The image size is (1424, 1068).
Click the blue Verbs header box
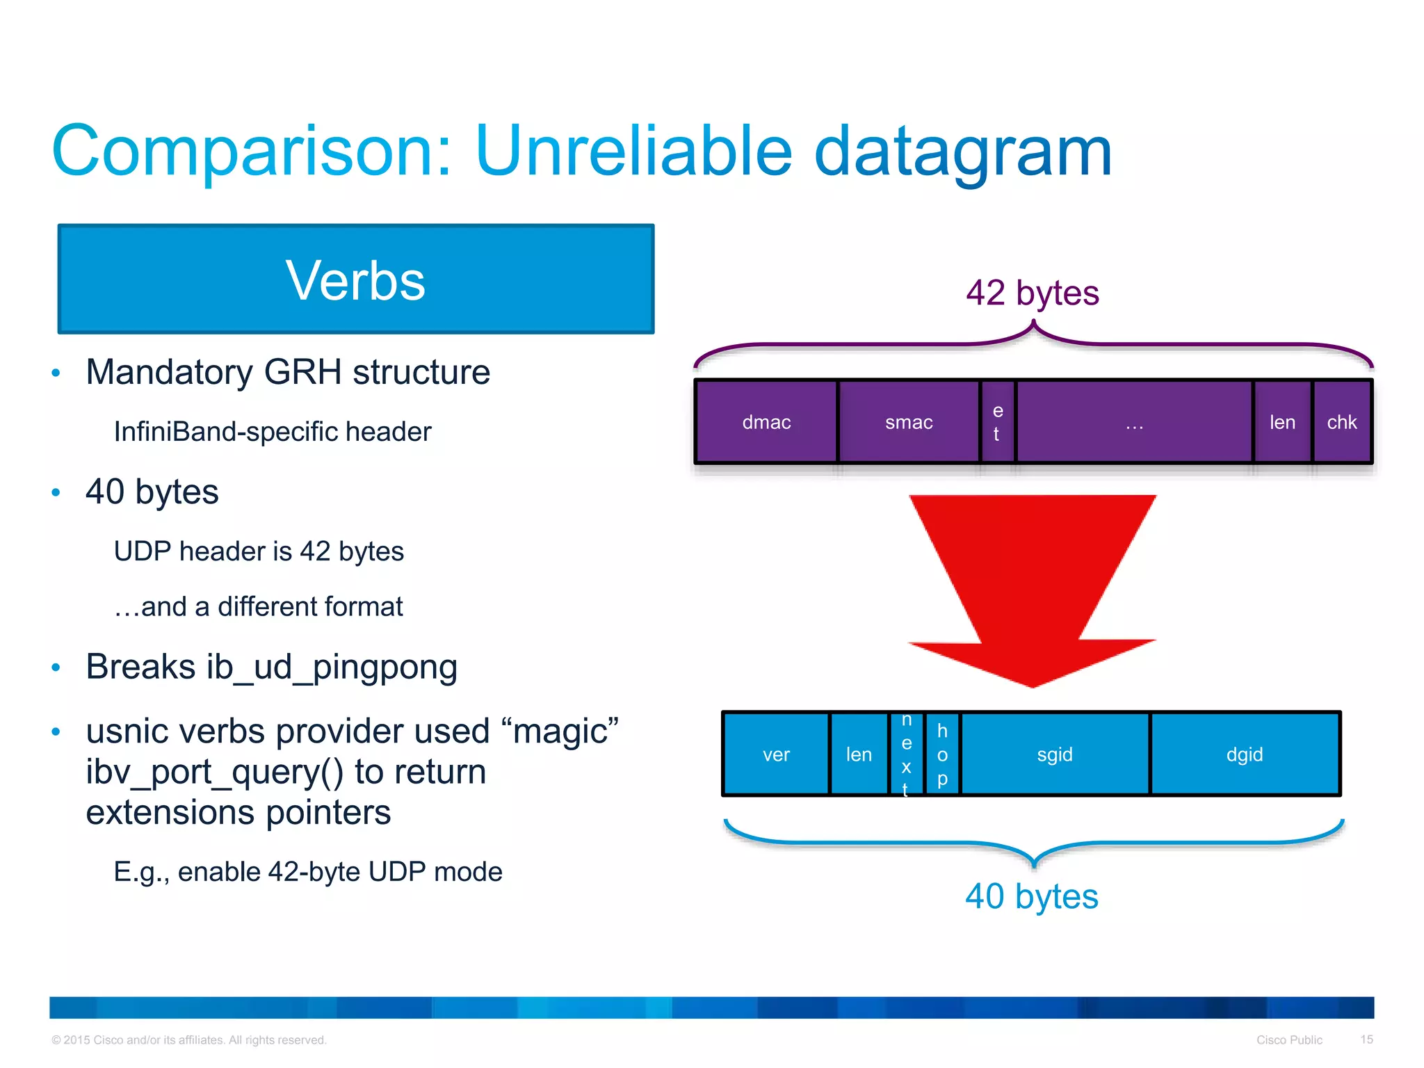click(x=355, y=279)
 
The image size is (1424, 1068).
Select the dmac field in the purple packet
click(x=766, y=422)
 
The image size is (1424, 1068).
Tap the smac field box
click(x=909, y=422)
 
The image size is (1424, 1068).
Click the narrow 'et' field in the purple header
click(x=998, y=422)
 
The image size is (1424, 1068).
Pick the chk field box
click(x=1342, y=422)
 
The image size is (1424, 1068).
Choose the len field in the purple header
click(x=1282, y=422)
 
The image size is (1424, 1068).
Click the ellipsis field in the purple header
click(x=1134, y=422)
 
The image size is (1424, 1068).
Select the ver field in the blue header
click(x=776, y=754)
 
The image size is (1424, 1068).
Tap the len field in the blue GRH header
click(x=859, y=754)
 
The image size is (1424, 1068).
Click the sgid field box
click(x=1055, y=754)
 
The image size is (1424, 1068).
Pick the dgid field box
click(x=1245, y=754)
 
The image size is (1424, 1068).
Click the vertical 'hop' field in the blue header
click(x=942, y=754)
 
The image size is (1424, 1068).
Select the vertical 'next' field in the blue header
click(x=907, y=754)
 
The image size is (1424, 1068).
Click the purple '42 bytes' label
click(x=1033, y=293)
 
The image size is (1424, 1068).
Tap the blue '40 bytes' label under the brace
click(x=1032, y=896)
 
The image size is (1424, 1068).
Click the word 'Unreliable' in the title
click(x=633, y=151)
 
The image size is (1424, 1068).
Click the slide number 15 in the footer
click(x=1366, y=1039)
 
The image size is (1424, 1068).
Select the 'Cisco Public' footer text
click(x=1289, y=1040)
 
